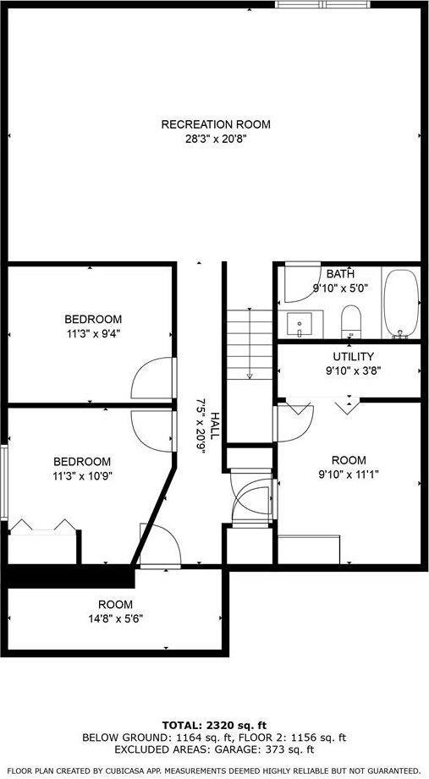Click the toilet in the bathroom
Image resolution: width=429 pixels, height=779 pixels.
[x=351, y=321]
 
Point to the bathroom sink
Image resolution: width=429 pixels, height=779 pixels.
[x=300, y=323]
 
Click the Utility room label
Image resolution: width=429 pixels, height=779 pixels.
[x=353, y=357]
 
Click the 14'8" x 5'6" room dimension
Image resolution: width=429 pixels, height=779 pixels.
[x=115, y=618]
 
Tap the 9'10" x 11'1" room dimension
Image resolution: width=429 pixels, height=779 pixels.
[x=349, y=474]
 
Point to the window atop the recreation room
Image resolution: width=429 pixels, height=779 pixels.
[x=323, y=4]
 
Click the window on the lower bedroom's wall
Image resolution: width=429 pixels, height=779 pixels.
[x=4, y=483]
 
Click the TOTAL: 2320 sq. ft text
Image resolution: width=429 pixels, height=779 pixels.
[x=213, y=725]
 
